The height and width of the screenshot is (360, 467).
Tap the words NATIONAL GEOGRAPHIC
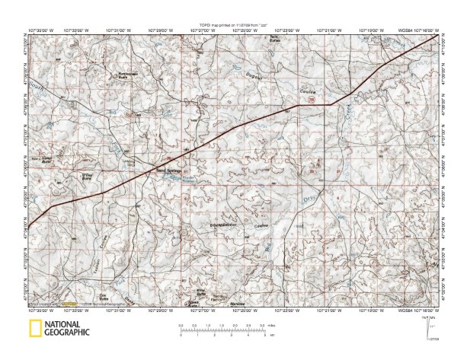pyautogui.click(x=65, y=329)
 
